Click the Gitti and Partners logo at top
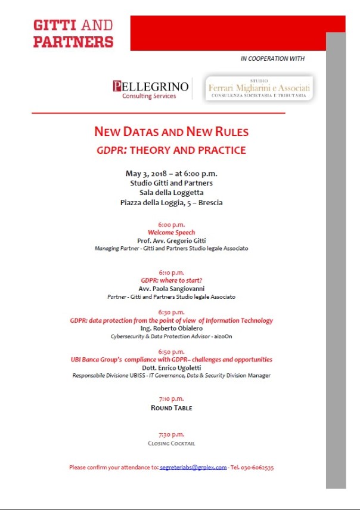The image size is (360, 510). coord(73,33)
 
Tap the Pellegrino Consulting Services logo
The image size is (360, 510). coord(150,88)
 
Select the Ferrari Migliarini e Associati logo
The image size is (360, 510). coord(258,88)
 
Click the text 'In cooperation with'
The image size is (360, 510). coord(272,58)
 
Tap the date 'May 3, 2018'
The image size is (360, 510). coord(144,174)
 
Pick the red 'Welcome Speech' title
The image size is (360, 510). coord(172,232)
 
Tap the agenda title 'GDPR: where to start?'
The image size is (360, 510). coord(172,280)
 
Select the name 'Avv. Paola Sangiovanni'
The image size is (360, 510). coord(172,288)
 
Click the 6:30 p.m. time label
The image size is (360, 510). coord(172,312)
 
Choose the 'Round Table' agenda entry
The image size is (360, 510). coord(172,408)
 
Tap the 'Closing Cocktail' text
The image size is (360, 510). coord(172,443)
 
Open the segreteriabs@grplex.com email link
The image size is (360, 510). coord(193,468)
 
